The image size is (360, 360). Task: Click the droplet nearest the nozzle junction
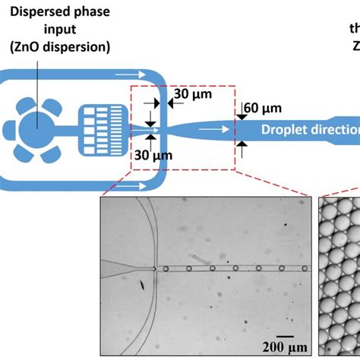[x=166, y=268]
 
